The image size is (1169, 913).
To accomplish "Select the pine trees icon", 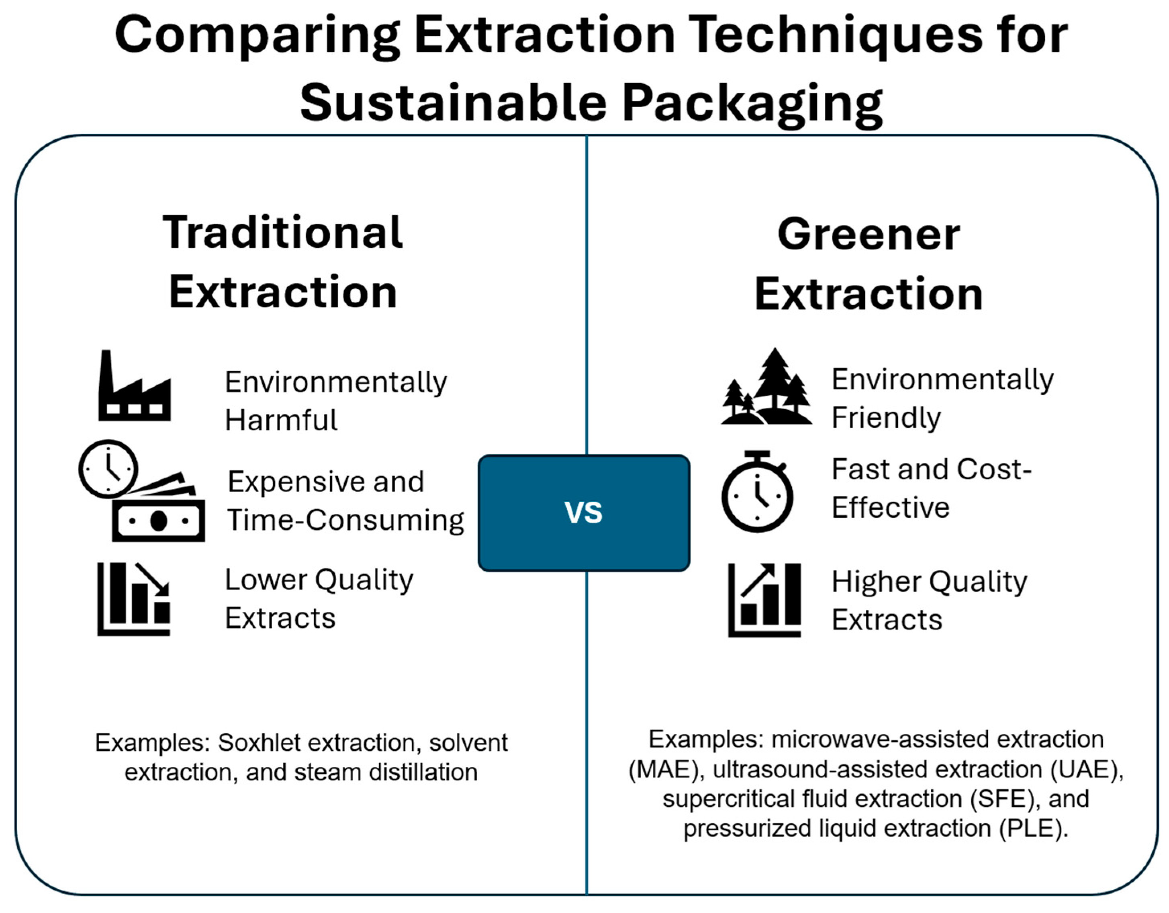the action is pyautogui.click(x=766, y=386).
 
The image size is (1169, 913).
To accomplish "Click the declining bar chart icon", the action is pyautogui.click(x=134, y=599).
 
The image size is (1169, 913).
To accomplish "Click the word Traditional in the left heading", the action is pyautogui.click(x=283, y=232).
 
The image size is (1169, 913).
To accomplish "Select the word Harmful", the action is pyautogui.click(x=281, y=420).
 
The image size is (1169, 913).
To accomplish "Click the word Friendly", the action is pyautogui.click(x=886, y=417).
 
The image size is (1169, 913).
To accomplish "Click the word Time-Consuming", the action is pyautogui.click(x=345, y=520).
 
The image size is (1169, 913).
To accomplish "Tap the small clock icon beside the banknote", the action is pyautogui.click(x=108, y=469).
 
